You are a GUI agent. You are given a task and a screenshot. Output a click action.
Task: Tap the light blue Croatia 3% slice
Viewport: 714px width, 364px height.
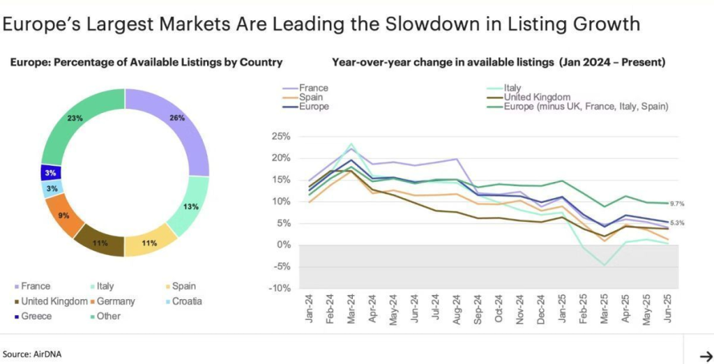pos(53,188)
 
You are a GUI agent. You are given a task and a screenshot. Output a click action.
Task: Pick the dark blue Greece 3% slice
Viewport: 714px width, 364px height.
pos(51,172)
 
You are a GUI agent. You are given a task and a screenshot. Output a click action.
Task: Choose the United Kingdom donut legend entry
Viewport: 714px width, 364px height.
pos(49,301)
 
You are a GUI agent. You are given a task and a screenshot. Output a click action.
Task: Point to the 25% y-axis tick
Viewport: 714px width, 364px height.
pos(280,136)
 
